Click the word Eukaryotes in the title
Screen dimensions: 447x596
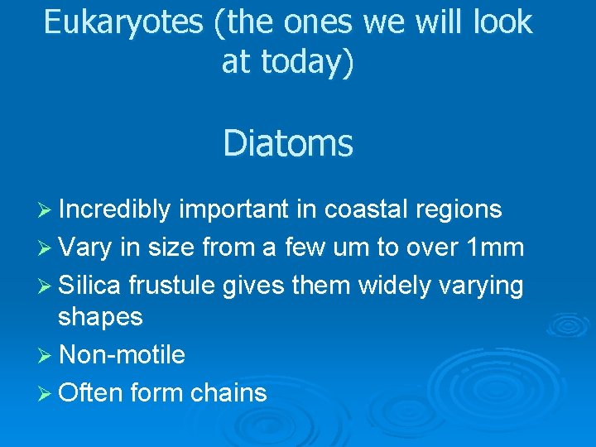pyautogui.click(x=123, y=22)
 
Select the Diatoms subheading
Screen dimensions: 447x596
pyautogui.click(x=287, y=143)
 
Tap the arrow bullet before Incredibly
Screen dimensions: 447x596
pyautogui.click(x=46, y=210)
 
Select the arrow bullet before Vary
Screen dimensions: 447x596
pyautogui.click(x=46, y=248)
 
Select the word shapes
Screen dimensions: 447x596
pyautogui.click(x=100, y=317)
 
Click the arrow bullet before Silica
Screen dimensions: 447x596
pyautogui.click(x=46, y=286)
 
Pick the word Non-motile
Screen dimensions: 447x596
pyautogui.click(x=123, y=355)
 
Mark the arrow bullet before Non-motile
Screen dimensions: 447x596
pyautogui.click(x=46, y=356)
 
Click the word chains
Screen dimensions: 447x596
pyautogui.click(x=228, y=392)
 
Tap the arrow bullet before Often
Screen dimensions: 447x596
pyautogui.click(x=46, y=393)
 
